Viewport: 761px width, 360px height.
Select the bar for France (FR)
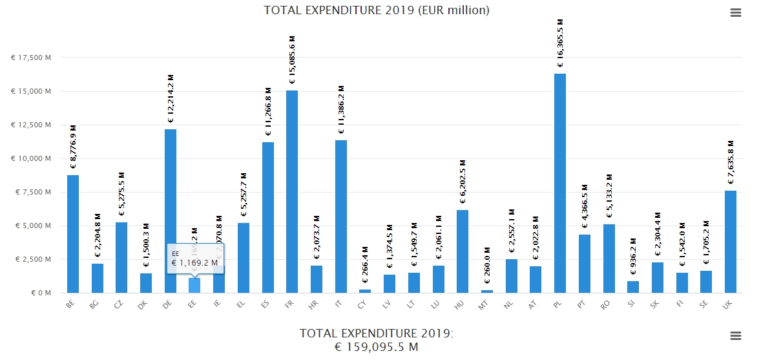point(292,191)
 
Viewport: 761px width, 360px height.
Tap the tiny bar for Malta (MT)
point(487,291)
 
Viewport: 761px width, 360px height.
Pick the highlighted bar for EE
point(194,285)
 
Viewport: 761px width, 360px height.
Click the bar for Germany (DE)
point(171,211)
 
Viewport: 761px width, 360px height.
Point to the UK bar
point(730,242)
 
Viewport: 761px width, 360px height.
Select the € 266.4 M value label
point(365,264)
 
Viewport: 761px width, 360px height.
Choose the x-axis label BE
point(72,305)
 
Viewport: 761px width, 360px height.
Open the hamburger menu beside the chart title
point(735,13)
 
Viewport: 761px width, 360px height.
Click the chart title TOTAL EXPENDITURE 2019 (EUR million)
point(377,10)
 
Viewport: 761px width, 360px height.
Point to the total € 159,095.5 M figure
point(377,347)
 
